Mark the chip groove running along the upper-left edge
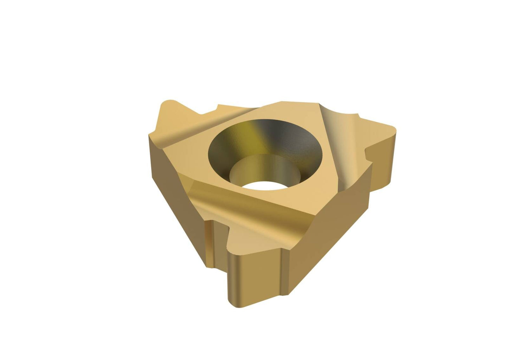(x=197, y=126)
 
